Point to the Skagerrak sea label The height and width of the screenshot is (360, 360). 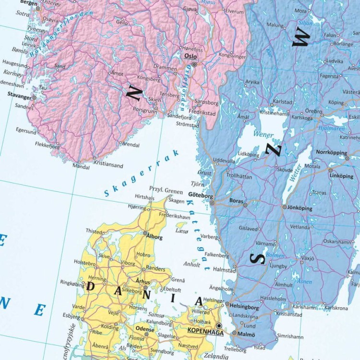point(142,174)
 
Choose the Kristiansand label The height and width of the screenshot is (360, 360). point(108,166)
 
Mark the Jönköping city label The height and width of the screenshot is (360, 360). point(300,209)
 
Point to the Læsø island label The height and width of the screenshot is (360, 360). point(183,231)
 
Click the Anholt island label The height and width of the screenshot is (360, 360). point(192,264)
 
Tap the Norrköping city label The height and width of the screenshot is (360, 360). point(331,152)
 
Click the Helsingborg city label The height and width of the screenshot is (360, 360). point(244,307)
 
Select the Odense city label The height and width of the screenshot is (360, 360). point(145,330)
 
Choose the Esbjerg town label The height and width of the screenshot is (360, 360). point(71,316)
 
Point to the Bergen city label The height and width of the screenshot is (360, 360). point(28,3)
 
